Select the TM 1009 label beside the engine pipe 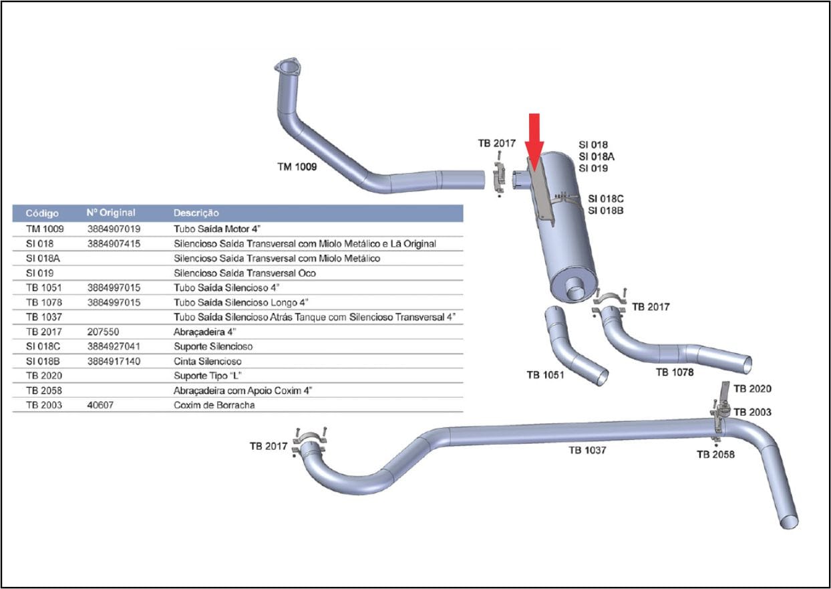297,166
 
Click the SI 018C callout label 605,199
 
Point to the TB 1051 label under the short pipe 545,375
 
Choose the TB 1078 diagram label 675,372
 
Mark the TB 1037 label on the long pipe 587,450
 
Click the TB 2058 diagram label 715,454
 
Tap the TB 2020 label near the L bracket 752,389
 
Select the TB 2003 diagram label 752,413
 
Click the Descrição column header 196,213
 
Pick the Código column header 42,213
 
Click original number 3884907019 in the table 114,229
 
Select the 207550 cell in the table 103,332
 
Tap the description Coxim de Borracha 214,405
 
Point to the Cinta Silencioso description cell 207,361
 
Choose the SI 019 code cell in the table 39,273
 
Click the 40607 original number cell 100,405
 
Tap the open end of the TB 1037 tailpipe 789,521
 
